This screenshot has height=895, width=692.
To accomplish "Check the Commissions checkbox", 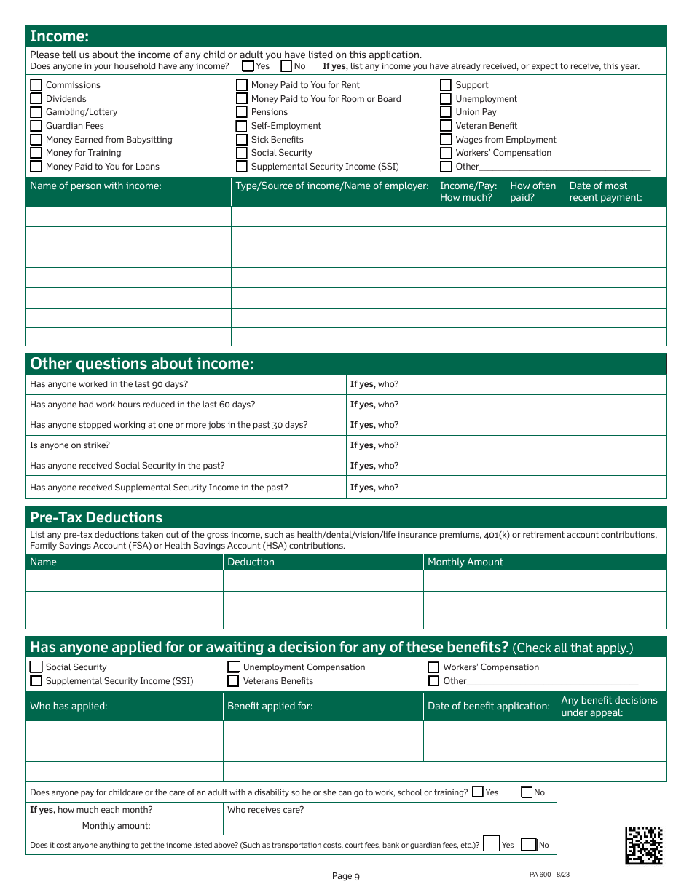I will [x=36, y=85].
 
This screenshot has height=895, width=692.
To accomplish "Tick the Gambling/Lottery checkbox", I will [x=36, y=112].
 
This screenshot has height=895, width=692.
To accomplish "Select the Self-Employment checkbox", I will [x=242, y=126].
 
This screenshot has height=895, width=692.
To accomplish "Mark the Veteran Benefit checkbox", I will [x=446, y=126].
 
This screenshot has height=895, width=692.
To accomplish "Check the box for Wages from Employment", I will [x=446, y=140].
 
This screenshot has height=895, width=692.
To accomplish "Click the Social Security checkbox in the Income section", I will [x=242, y=153].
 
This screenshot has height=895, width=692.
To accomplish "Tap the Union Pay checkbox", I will [x=446, y=112].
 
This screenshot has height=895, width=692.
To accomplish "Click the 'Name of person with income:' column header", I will [x=95, y=186].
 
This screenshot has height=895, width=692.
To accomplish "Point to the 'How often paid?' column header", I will [x=532, y=191].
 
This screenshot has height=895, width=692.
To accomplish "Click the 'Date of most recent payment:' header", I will [x=605, y=191].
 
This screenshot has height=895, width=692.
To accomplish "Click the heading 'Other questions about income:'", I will [x=142, y=364].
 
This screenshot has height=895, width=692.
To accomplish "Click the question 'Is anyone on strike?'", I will [x=70, y=445].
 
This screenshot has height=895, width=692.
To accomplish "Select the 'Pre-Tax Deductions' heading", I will [x=86, y=517].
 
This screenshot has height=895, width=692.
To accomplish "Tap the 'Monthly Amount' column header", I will [x=465, y=562].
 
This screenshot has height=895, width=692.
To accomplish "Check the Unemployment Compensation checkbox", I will [x=234, y=667].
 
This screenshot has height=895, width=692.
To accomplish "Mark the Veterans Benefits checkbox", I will [x=233, y=681].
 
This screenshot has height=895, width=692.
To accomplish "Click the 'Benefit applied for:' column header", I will [x=270, y=706].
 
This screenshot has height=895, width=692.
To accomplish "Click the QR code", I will [x=644, y=845].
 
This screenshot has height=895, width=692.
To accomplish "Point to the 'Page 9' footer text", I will [x=345, y=876].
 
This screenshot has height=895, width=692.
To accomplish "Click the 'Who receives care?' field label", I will [x=265, y=810].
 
